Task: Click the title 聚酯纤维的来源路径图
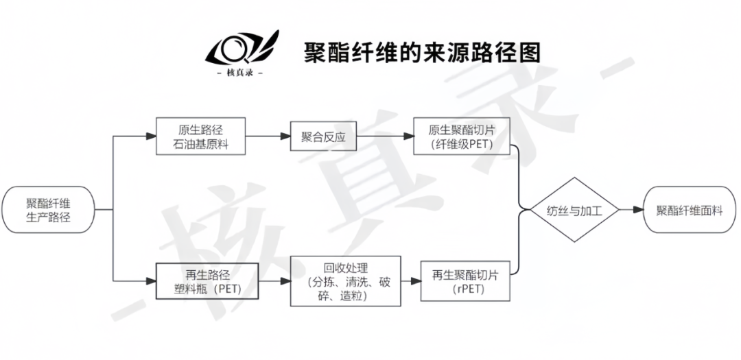pos(422,52)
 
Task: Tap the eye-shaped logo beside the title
pos(241,47)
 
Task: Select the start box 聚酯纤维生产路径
pos(48,210)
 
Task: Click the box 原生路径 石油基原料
pos(200,136)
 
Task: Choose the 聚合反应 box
pos(322,136)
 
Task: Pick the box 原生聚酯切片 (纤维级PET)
pos(462,136)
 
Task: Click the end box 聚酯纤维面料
pos(689,210)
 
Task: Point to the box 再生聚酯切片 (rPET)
pos(465,281)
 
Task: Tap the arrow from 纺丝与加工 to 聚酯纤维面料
pos(631,210)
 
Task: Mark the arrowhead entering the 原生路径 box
pos(152,136)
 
